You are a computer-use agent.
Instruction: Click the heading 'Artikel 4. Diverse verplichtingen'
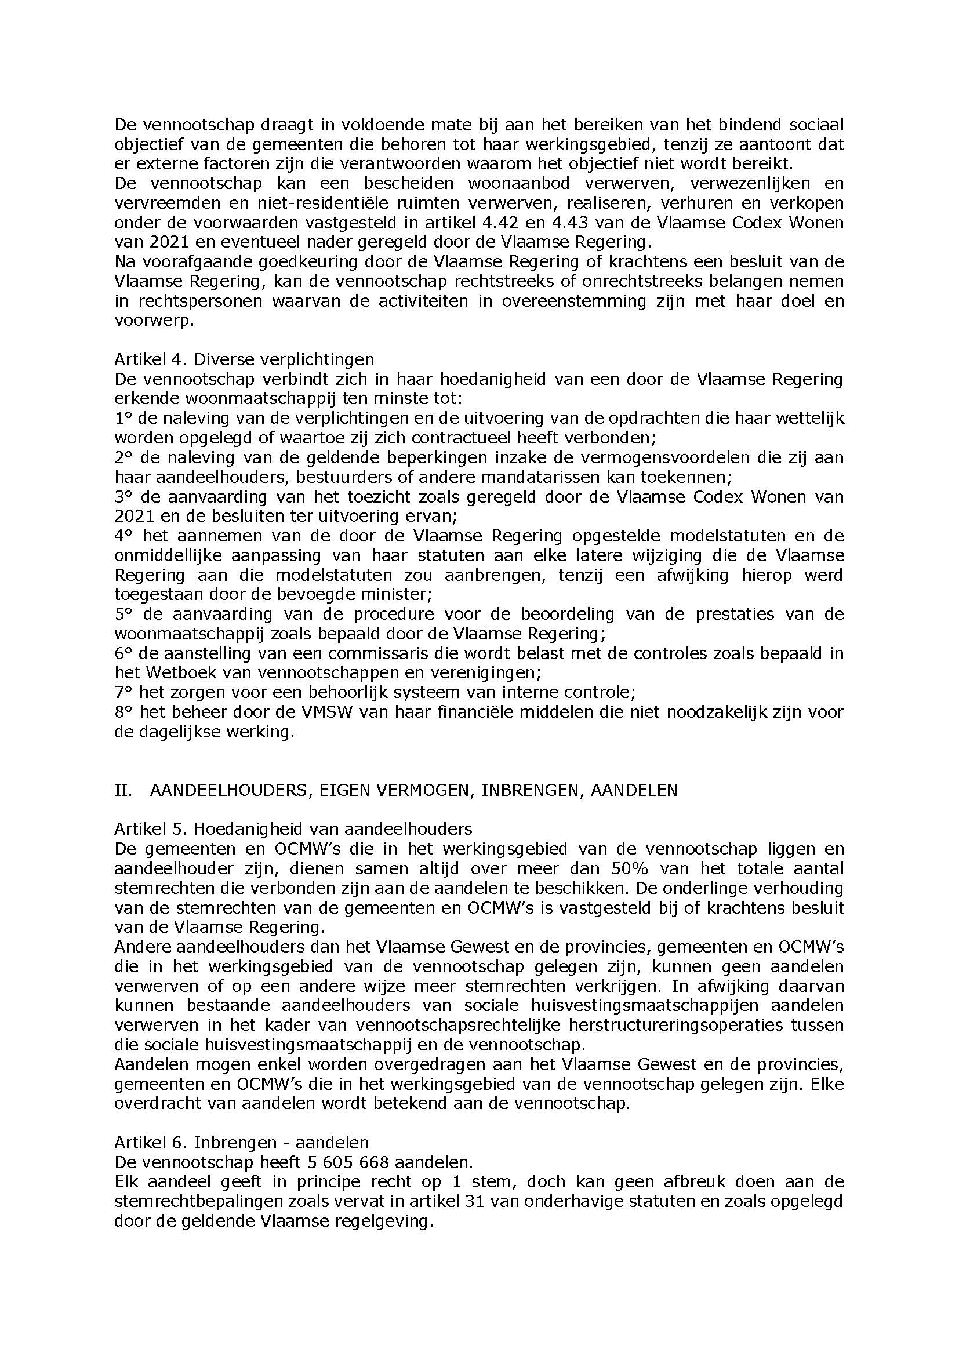point(244,359)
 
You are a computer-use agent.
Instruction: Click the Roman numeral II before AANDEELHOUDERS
point(123,790)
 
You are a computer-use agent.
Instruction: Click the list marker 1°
point(123,418)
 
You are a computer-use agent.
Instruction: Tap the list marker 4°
point(123,536)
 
